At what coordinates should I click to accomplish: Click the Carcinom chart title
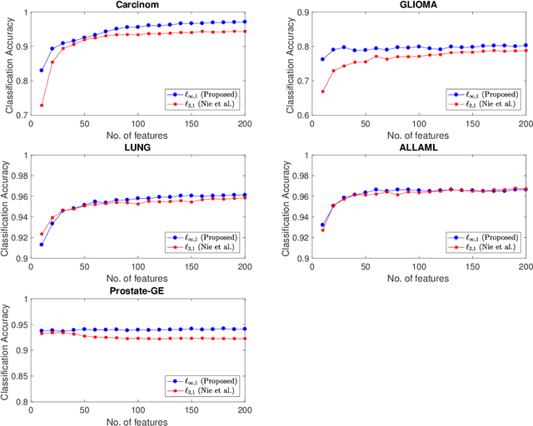137,4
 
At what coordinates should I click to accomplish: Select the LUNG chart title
137,150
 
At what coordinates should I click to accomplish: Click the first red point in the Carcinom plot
42,106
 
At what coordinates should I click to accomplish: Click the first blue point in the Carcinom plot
42,70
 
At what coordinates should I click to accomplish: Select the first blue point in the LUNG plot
42,244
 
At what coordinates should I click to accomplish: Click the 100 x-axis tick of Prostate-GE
137,410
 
